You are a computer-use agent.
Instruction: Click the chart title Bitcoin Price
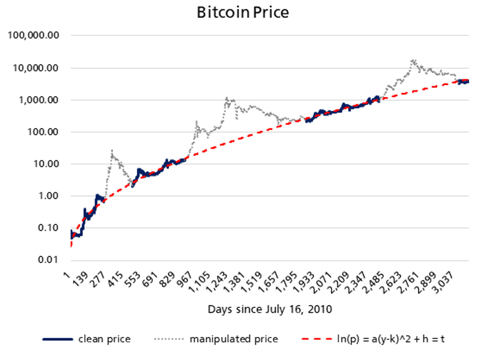click(x=243, y=13)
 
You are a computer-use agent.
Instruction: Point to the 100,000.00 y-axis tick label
click(x=33, y=35)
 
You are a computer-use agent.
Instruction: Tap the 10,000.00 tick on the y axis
click(x=35, y=68)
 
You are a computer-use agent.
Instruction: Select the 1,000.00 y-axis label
click(x=38, y=100)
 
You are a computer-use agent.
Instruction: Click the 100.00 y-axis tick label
click(x=43, y=132)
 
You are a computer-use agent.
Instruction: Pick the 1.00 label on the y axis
click(x=48, y=196)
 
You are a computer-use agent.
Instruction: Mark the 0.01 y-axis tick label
click(x=48, y=260)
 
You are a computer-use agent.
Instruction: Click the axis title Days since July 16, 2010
click(x=270, y=309)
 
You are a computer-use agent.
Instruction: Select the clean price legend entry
click(x=104, y=339)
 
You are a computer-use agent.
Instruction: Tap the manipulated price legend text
click(x=234, y=339)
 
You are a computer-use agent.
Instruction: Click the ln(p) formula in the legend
click(x=391, y=339)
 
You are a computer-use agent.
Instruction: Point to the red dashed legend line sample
click(x=316, y=339)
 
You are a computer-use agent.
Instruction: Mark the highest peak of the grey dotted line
click(x=413, y=60)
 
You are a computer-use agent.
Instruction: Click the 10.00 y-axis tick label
click(x=46, y=164)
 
